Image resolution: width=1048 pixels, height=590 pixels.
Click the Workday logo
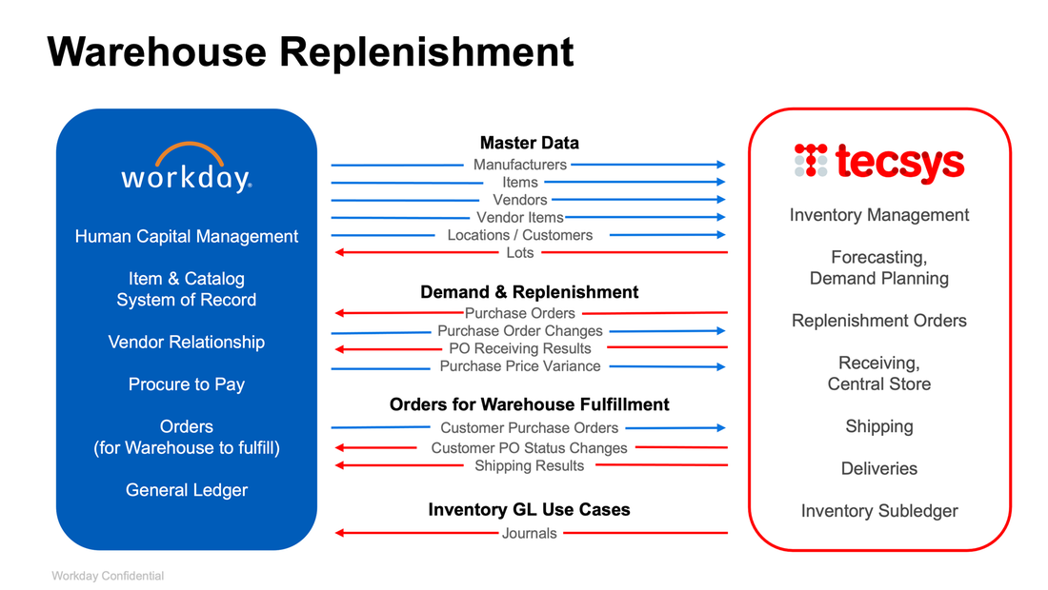[187, 168]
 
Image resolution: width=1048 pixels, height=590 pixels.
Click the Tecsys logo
[878, 163]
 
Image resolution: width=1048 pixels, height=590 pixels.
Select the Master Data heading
[529, 143]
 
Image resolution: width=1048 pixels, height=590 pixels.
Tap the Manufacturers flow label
[520, 165]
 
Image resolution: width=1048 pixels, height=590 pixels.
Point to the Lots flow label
[520, 252]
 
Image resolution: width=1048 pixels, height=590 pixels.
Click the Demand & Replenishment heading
[529, 292]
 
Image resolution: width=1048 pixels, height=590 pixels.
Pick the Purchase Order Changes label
[520, 331]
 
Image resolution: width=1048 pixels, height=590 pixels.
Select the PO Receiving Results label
[520, 348]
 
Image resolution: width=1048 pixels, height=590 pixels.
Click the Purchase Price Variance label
[520, 366]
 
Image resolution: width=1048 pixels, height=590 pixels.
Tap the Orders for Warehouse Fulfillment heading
[529, 404]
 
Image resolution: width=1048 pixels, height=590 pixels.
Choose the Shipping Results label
[529, 465]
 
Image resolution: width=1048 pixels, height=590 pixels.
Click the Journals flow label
[529, 533]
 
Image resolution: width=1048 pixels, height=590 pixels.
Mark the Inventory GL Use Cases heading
[529, 510]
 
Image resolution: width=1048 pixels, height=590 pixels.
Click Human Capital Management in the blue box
[187, 237]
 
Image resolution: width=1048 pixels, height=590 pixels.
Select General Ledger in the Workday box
[187, 490]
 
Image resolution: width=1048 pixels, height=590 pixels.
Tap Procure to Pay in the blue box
[187, 384]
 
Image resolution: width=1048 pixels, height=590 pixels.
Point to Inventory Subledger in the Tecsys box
[878, 511]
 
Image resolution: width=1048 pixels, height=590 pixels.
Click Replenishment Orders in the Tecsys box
[878, 321]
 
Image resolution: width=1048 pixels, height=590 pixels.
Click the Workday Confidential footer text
[108, 576]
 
